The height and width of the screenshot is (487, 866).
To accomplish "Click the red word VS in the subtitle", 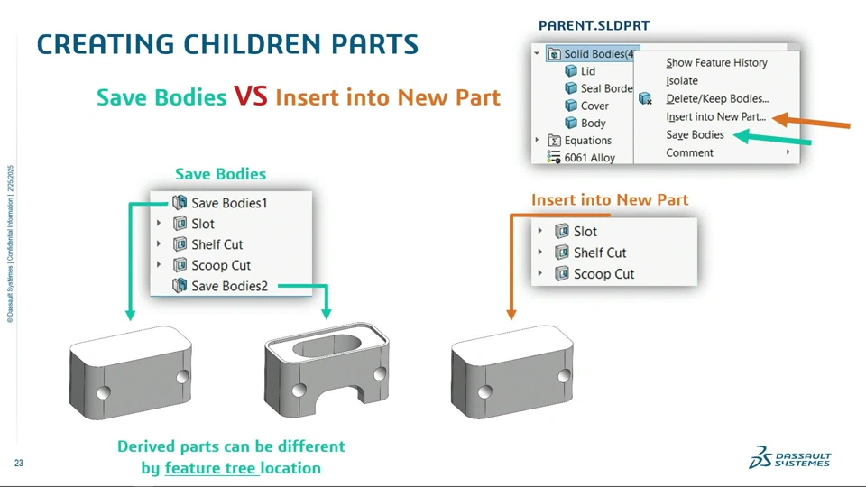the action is click(251, 96).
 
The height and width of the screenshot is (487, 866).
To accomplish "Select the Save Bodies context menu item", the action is click(695, 134).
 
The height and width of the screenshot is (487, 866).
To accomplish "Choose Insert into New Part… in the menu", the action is click(715, 116).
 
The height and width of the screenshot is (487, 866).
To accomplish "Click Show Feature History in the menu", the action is click(716, 62).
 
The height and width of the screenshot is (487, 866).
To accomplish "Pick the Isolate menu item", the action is click(682, 80).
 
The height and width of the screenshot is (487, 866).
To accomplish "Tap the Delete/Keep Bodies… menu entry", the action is click(717, 99).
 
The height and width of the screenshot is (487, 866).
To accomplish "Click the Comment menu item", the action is click(689, 153).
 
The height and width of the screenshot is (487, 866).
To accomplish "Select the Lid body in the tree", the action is click(587, 71).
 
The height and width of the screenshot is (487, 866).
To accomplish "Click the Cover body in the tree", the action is click(594, 106).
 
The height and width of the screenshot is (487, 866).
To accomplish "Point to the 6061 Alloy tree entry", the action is click(589, 158).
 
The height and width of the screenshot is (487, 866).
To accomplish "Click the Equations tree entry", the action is click(587, 141).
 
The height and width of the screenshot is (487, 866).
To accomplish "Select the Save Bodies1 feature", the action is click(229, 203).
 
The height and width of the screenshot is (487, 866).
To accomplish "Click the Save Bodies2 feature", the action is click(229, 286).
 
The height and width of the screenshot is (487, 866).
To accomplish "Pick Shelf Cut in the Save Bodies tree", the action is click(217, 244).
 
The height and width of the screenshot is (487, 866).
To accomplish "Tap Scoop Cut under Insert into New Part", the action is click(603, 274).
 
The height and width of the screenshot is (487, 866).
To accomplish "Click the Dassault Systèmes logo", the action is click(790, 457).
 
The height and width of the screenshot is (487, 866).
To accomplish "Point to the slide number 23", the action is click(19, 464).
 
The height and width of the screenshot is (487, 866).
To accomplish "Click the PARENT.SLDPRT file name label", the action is click(594, 25).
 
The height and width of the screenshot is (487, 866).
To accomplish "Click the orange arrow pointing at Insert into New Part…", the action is click(811, 122).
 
